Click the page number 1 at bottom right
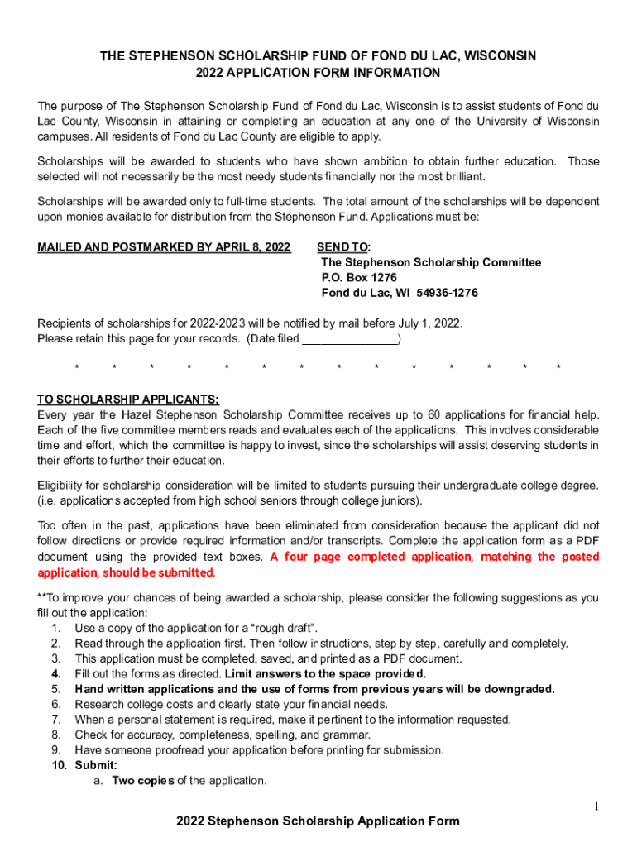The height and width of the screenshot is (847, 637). click(x=596, y=806)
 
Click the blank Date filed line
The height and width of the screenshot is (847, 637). click(x=350, y=339)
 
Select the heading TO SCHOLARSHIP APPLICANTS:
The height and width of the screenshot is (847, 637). click(x=128, y=399)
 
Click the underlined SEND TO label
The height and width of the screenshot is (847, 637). click(x=343, y=247)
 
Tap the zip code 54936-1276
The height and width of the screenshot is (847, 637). click(x=447, y=293)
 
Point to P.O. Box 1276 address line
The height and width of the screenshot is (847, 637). click(x=359, y=278)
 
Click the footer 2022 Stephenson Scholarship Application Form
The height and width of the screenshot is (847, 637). click(x=318, y=821)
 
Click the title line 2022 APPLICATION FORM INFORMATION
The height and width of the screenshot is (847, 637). click(x=318, y=73)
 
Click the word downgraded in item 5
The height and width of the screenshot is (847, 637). click(x=518, y=689)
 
